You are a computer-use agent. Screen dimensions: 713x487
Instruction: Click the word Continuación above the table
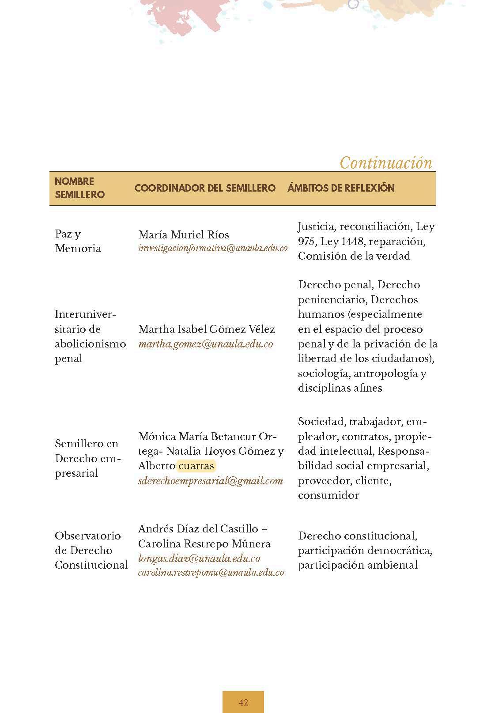point(386,163)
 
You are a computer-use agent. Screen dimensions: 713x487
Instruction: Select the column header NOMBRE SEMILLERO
point(79,188)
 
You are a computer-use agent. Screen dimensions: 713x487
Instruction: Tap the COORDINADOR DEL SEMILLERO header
point(205,188)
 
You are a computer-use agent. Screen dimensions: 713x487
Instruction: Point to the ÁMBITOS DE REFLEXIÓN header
point(341,188)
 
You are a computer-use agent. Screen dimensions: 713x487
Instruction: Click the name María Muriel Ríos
point(184,234)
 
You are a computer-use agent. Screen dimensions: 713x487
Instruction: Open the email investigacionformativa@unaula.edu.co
point(213,248)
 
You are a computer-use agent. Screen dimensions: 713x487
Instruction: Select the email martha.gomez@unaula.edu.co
point(206,344)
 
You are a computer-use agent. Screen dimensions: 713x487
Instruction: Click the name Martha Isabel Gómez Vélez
point(207,329)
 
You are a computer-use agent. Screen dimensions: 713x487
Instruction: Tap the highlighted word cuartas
point(196,466)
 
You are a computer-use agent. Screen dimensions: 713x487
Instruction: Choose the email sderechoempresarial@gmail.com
point(211,481)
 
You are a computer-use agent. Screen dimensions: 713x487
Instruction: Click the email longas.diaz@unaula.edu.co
point(199,558)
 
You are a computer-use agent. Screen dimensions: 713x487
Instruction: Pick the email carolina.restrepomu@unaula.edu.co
point(211,573)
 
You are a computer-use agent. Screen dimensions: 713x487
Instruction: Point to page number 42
point(243,702)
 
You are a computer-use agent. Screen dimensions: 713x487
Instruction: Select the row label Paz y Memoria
point(78,241)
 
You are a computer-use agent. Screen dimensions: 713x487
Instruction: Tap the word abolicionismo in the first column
point(91,344)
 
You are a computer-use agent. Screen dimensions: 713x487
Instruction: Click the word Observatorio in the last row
point(88,536)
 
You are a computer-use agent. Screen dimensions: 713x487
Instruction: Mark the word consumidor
point(328,495)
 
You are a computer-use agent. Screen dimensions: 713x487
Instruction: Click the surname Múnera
point(253,544)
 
